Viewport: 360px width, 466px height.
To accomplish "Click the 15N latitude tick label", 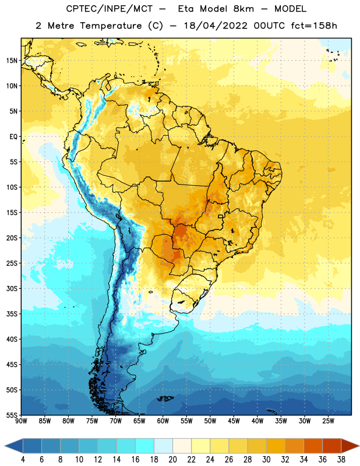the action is coord(12,61).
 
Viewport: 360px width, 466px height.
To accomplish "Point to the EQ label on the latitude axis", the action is coord(13,137).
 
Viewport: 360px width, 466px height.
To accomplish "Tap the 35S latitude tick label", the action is coord(12,314).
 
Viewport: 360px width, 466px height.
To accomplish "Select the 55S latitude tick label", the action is coord(12,415).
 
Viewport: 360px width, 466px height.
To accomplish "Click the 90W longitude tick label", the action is coord(21,421).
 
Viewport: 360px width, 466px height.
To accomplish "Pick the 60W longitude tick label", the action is coord(163,421).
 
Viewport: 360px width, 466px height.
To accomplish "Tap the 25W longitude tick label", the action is coord(328,421).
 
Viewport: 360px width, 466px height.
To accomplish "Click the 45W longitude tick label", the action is coord(234,421).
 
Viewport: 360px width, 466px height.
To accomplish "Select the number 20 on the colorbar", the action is coord(172,460).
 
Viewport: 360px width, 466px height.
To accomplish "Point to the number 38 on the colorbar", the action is coord(341,460).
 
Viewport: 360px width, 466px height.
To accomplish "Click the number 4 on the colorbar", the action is coord(23,460).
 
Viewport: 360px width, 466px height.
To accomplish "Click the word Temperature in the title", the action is coord(111,26).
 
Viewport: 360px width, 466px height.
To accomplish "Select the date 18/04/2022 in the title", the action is coord(216,26).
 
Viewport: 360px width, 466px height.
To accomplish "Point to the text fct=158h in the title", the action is coord(314,26).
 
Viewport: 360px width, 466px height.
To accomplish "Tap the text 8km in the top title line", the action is coord(243,9).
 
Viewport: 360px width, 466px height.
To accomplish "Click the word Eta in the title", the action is coord(186,9).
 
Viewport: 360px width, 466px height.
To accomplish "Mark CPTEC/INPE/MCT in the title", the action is coord(109,9).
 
